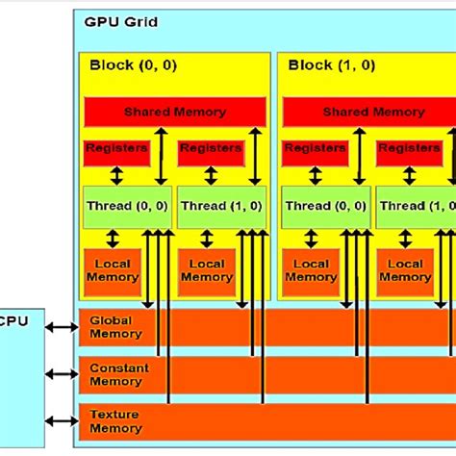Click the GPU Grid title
pos(120,21)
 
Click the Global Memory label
pos(115,327)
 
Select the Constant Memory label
pos(115,374)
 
